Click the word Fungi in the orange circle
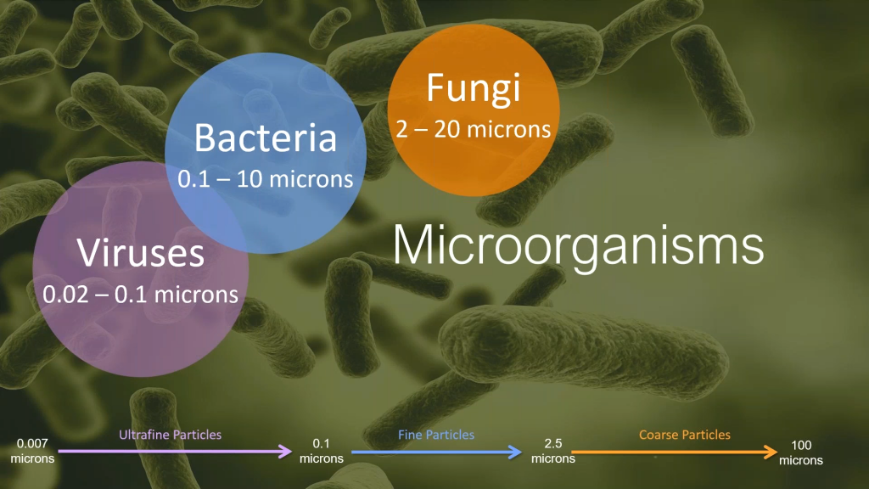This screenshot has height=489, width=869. (x=474, y=88)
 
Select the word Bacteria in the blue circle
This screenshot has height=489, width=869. (x=266, y=138)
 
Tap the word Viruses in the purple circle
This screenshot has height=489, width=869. (x=140, y=253)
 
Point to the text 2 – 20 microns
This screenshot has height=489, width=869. (x=474, y=129)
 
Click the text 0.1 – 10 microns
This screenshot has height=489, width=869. (x=266, y=179)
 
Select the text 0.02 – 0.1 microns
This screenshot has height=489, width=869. (x=140, y=295)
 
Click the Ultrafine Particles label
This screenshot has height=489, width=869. (x=170, y=435)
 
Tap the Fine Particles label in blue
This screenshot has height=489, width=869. (x=436, y=435)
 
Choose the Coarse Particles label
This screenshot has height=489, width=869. (x=685, y=435)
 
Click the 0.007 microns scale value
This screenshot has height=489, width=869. (x=32, y=451)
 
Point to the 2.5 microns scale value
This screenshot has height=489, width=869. (x=553, y=451)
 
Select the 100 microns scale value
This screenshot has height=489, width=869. (x=801, y=452)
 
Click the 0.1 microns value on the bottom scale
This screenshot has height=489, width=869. (x=322, y=451)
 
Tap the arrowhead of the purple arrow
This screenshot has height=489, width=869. (x=286, y=451)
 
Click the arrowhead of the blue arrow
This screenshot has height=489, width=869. (x=515, y=452)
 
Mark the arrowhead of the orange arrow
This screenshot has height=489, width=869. (x=771, y=452)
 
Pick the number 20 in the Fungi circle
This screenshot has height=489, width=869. (x=447, y=129)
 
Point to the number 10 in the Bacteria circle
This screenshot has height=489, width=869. (x=249, y=179)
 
